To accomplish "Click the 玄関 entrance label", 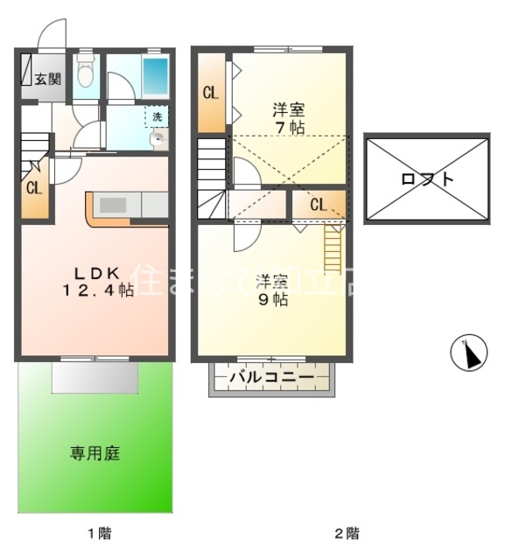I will (x=48, y=79).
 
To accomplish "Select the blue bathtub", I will (x=155, y=76).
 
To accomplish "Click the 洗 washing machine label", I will (x=157, y=116).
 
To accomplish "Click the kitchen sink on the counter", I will (x=113, y=205).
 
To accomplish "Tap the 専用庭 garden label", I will (x=95, y=453).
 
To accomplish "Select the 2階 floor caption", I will (x=347, y=532).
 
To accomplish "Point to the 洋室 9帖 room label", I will (x=272, y=290).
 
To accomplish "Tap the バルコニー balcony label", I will (x=271, y=378).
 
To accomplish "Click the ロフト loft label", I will (x=427, y=179).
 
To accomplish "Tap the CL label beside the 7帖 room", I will (x=211, y=92).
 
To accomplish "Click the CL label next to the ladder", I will (x=317, y=206).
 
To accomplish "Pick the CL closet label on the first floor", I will (x=33, y=188).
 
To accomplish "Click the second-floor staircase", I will (x=212, y=181).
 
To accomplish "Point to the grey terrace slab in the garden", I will (x=95, y=379).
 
